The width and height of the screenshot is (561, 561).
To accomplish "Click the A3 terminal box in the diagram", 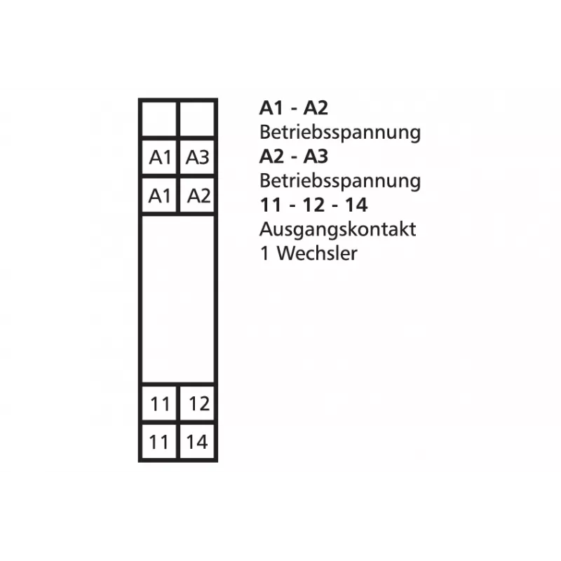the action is (197, 157).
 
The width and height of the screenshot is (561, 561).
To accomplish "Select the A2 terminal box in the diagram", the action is (197, 196).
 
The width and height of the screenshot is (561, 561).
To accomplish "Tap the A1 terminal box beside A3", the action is (159, 157).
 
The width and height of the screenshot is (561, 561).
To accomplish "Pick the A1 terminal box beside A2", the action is (159, 196).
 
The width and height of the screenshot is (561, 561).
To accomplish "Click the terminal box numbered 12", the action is (197, 403).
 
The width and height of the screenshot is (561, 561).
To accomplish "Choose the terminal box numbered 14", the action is (197, 442).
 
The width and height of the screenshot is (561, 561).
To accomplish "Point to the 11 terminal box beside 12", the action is (159, 403).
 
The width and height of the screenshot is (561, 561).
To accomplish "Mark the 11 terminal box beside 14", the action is (159, 442).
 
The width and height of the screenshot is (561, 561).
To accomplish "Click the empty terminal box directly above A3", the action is (197, 119).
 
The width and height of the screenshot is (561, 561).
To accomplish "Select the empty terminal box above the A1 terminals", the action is (159, 119).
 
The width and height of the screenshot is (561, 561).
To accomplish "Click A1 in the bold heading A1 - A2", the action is (271, 108).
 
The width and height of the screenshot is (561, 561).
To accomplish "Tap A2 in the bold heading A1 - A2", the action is (316, 108).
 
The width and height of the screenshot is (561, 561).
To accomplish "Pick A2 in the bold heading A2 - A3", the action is (272, 156).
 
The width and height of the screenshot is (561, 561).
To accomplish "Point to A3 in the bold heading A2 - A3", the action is (316, 156).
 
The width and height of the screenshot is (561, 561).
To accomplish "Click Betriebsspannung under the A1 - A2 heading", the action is (340, 133).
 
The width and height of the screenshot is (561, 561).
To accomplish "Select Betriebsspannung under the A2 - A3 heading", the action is (340, 181).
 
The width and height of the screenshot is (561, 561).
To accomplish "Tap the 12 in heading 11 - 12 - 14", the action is (313, 205).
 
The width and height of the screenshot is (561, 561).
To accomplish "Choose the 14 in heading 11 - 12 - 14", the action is (356, 205).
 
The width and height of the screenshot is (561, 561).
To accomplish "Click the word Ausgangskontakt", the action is (338, 229).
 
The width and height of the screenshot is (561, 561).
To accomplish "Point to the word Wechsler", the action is (317, 253).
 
